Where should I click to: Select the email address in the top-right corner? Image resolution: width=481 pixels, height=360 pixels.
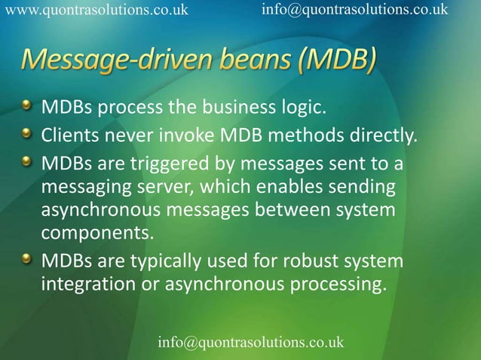(354, 10)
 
